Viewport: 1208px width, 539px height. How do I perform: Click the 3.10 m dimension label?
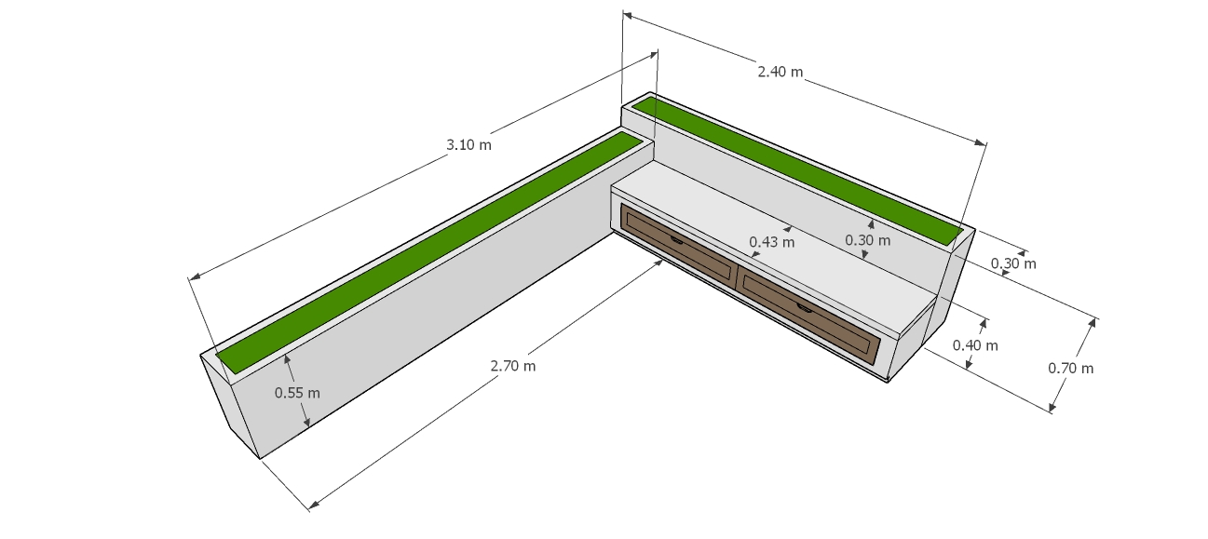pyautogui.click(x=468, y=144)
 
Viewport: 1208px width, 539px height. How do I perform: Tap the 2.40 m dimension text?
pyautogui.click(x=780, y=72)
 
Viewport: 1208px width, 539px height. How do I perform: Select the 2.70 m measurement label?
pyautogui.click(x=512, y=366)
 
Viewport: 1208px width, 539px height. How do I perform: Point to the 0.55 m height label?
pyautogui.click(x=297, y=393)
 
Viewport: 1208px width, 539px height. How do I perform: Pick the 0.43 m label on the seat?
pyautogui.click(x=772, y=242)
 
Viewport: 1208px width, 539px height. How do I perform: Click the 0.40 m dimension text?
pyautogui.click(x=975, y=345)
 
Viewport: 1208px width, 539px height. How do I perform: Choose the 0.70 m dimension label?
pyautogui.click(x=1071, y=368)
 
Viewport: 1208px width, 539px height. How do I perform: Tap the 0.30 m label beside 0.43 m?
pyautogui.click(x=867, y=240)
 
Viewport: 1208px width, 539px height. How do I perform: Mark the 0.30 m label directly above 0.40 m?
pyautogui.click(x=1013, y=263)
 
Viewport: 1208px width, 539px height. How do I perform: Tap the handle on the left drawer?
pyautogui.click(x=677, y=239)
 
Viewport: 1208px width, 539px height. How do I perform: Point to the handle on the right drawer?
pyautogui.click(x=805, y=306)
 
